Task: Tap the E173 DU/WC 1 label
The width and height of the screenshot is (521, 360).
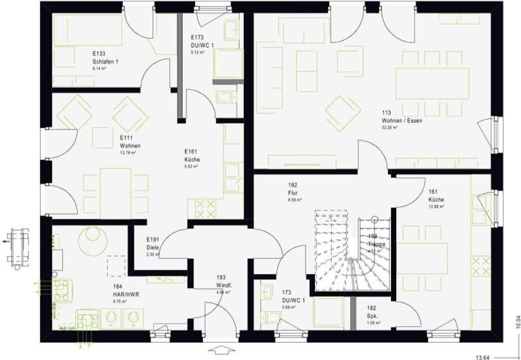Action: pyautogui.click(x=202, y=42)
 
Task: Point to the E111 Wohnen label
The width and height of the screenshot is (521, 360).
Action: pyautogui.click(x=130, y=142)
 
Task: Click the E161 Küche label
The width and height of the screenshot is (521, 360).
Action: pyautogui.click(x=191, y=155)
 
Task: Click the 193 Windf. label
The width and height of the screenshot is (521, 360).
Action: pyautogui.click(x=224, y=281)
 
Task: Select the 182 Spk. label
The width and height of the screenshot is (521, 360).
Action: pyautogui.click(x=372, y=312)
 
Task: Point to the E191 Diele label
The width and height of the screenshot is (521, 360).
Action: pyautogui.click(x=153, y=243)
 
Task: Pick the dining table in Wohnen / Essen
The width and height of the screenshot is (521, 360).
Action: pyautogui.click(x=432, y=84)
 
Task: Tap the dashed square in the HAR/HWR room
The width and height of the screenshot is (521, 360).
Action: pyautogui.click(x=117, y=266)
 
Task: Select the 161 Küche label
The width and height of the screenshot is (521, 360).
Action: pyautogui.click(x=436, y=196)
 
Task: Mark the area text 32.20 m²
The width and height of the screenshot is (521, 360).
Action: pyautogui.click(x=390, y=127)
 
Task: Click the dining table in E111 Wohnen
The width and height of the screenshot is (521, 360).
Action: pyautogui.click(x=116, y=189)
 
